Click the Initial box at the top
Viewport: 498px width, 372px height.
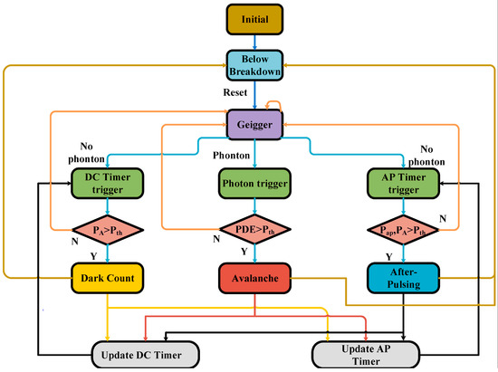(x=254, y=17)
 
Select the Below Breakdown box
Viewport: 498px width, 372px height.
(x=254, y=66)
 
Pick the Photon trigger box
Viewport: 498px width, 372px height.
(x=254, y=184)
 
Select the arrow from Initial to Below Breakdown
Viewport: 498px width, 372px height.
(x=254, y=40)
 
